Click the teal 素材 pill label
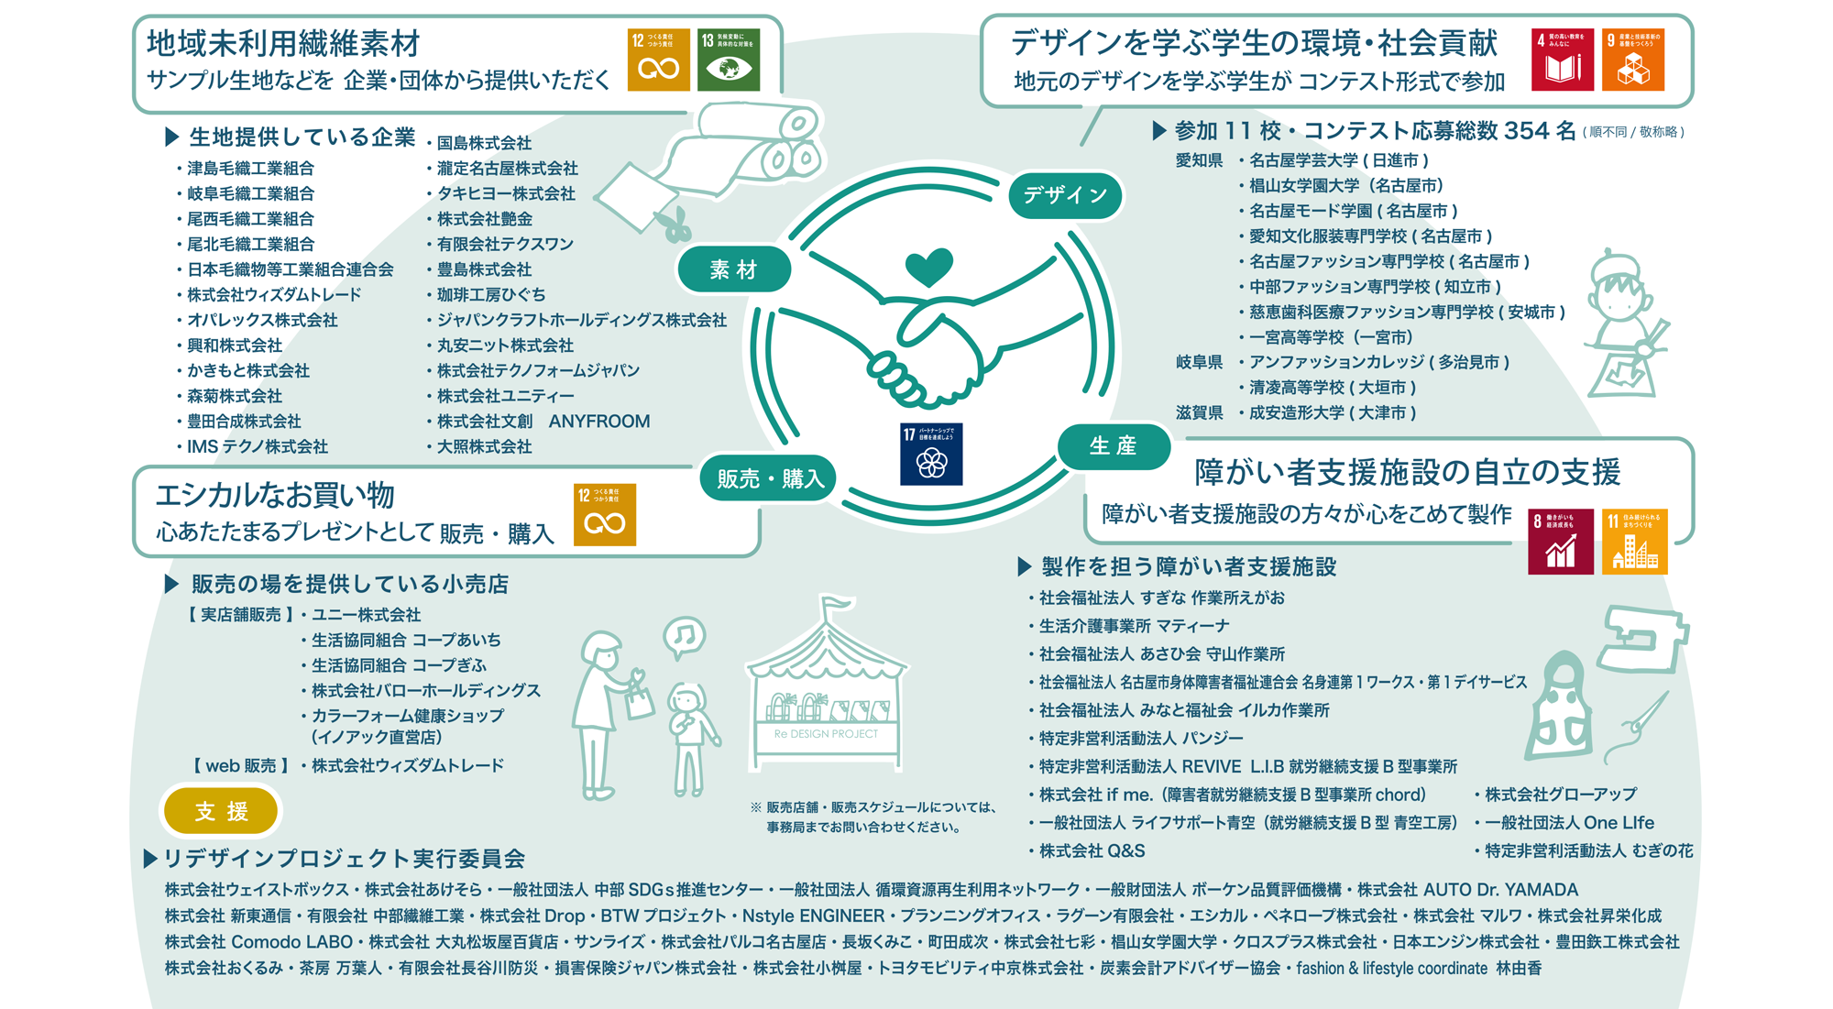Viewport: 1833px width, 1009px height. point(734,269)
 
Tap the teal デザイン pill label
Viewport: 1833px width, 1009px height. point(1065,195)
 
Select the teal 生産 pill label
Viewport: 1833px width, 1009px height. point(1114,446)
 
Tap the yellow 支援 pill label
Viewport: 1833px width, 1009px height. point(221,811)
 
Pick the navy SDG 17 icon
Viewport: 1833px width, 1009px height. point(931,454)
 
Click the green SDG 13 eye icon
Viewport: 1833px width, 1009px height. point(729,60)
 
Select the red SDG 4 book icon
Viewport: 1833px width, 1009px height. point(1562,60)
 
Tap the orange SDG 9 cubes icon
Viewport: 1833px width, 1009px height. point(1632,60)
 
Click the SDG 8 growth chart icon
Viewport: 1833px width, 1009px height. point(1560,542)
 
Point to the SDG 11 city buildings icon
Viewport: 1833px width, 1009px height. point(1634,542)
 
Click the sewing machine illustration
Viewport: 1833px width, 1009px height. point(1642,639)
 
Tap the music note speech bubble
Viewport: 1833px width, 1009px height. point(684,635)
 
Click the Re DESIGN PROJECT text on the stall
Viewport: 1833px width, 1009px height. point(825,734)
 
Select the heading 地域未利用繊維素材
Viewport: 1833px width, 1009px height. point(283,43)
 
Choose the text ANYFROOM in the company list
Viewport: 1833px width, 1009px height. point(599,422)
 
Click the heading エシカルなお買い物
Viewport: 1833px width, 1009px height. point(275,495)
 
